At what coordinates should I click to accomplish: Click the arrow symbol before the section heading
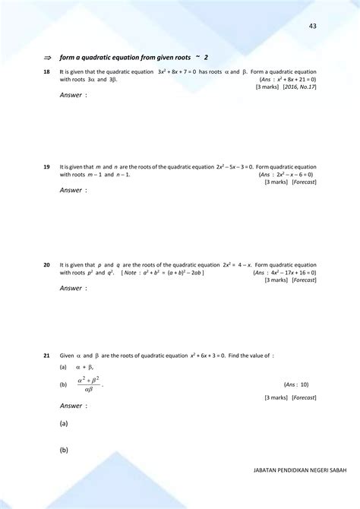[x=47, y=57]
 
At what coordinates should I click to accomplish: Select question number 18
[x=47, y=71]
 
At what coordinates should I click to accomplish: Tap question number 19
[x=47, y=166]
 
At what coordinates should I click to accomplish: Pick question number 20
[x=47, y=264]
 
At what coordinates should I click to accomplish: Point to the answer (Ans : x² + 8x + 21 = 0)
[x=287, y=79]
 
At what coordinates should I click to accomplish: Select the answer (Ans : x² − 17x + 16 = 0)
[x=286, y=272]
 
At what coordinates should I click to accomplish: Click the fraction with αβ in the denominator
[x=89, y=384]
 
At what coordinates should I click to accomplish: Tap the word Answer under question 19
[x=72, y=190]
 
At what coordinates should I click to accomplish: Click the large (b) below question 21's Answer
[x=65, y=450]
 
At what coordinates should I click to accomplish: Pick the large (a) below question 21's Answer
[x=65, y=424]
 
